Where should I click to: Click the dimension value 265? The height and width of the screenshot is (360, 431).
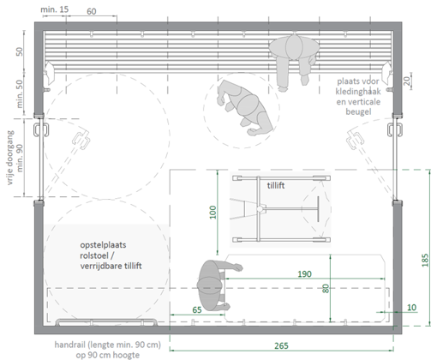tap(281, 345)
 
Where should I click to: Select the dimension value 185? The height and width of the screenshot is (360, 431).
tap(425, 260)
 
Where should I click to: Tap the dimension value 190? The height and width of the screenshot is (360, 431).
tap(304, 274)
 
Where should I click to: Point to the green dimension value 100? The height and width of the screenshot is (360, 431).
tap(213, 212)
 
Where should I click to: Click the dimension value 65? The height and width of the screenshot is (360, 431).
tap(197, 309)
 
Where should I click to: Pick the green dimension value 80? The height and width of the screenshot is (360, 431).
tap(326, 288)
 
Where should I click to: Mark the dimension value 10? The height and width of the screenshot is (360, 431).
tap(411, 308)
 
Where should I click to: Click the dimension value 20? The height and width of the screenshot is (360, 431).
tap(407, 81)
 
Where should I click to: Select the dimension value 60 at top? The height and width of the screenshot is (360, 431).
tap(92, 11)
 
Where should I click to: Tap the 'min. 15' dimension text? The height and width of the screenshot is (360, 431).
tap(55, 9)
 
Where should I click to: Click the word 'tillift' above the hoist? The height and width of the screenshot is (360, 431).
tap(276, 185)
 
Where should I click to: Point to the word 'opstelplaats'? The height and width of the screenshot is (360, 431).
tap(103, 245)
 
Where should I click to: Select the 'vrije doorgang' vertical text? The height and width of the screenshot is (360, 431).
tap(10, 158)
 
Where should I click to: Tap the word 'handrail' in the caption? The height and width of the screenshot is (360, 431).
tap(70, 345)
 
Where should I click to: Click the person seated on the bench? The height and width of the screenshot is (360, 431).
tap(294, 60)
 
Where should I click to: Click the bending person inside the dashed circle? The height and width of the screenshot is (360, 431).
tap(246, 107)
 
